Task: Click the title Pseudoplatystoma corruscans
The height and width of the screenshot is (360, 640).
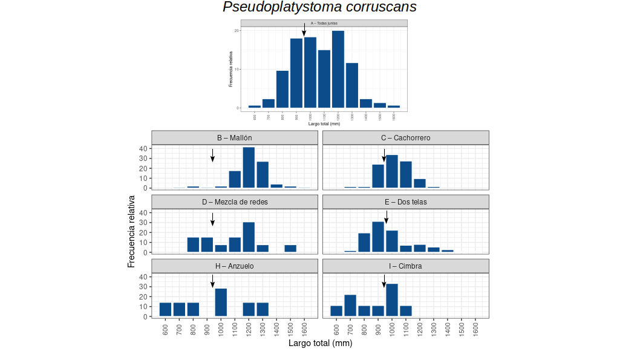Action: (319, 7)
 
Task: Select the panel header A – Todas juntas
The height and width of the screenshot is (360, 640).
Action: (324, 23)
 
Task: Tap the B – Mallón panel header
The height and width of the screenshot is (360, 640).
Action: (235, 138)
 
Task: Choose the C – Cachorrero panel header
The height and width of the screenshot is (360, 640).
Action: (405, 138)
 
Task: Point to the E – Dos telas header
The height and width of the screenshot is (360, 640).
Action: (405, 202)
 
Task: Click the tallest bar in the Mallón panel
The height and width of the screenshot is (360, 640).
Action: (249, 168)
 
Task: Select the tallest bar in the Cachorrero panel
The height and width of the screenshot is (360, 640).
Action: (391, 171)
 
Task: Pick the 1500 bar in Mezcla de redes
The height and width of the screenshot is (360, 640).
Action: (290, 249)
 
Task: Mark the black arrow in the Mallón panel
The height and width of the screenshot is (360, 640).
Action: (212, 155)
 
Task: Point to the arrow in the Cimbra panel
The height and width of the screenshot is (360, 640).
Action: (384, 281)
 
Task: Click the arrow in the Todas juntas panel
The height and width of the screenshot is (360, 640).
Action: (304, 30)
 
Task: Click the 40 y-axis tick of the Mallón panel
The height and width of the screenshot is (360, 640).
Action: (143, 148)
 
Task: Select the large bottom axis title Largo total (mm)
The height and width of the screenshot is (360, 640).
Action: (320, 343)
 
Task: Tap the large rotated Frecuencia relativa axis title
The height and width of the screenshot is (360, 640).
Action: (131, 231)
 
